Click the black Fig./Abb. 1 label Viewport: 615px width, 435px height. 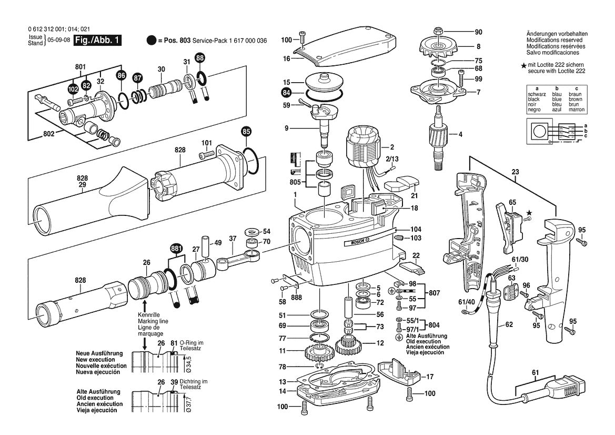click(97, 40)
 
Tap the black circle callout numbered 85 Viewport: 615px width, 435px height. click(246, 131)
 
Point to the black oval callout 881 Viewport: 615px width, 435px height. click(176, 248)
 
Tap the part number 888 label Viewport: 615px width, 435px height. click(296, 297)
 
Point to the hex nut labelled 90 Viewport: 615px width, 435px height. click(438, 29)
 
